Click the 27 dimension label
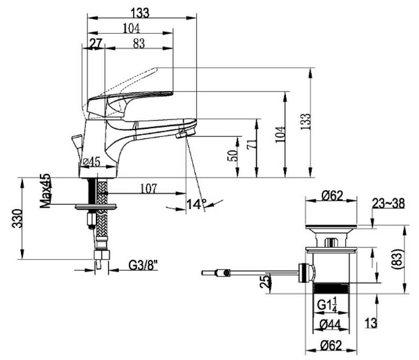click(x=96, y=43)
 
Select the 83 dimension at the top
click(x=139, y=43)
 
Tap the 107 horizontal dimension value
click(x=149, y=189)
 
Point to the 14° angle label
click(x=196, y=204)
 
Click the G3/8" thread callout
click(x=143, y=265)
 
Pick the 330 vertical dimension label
click(x=18, y=219)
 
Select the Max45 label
click(x=45, y=191)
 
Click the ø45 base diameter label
click(x=91, y=162)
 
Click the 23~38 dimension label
click(x=389, y=203)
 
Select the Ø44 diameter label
click(x=330, y=325)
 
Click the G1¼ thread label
click(x=327, y=305)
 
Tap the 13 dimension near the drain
click(x=371, y=323)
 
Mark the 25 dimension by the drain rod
click(x=265, y=281)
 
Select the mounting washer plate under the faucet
click(x=96, y=206)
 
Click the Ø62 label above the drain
click(x=332, y=196)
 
